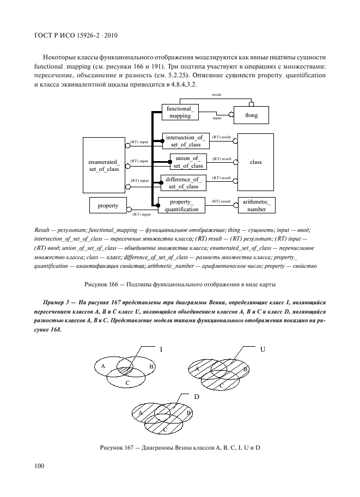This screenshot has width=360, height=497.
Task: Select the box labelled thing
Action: coord(251,115)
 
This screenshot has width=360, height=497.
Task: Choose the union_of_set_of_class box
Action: coord(188,162)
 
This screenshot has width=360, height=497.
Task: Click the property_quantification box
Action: coord(181,205)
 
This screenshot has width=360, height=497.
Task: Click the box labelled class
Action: coord(255,162)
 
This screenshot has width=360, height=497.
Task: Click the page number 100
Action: coord(39,465)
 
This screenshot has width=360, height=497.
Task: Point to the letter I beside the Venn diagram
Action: coord(161,349)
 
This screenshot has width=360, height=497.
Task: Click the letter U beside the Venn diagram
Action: coord(263,349)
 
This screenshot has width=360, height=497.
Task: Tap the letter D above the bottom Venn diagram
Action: coord(196,397)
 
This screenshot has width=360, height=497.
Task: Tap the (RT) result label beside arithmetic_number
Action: coord(221,201)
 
